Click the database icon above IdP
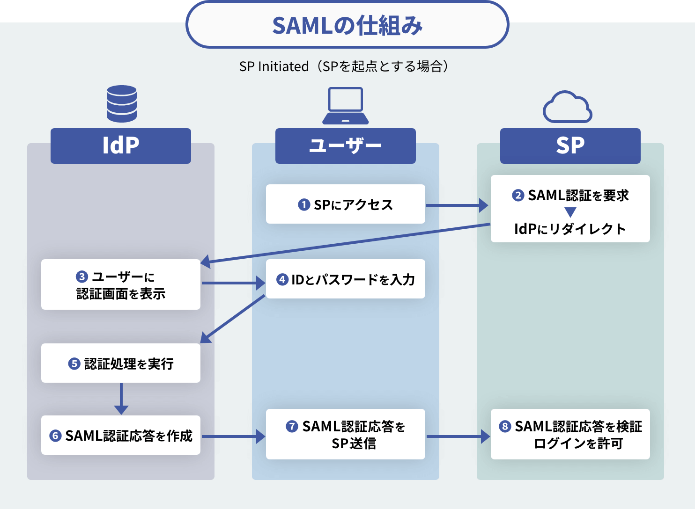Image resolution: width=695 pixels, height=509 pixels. click(x=122, y=103)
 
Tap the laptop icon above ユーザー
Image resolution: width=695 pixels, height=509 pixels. click(x=346, y=106)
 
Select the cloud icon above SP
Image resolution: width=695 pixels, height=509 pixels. click(x=568, y=108)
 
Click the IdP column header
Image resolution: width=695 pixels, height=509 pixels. click(x=121, y=145)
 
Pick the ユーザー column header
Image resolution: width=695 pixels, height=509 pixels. click(x=346, y=145)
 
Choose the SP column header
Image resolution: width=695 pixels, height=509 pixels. click(x=570, y=145)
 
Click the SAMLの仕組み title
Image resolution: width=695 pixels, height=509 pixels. click(x=347, y=25)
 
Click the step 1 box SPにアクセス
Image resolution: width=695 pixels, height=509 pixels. click(x=346, y=204)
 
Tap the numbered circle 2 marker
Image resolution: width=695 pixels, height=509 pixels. click(x=518, y=195)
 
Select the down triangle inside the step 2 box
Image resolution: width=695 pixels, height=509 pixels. click(x=570, y=212)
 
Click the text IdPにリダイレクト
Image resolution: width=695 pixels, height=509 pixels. click(x=570, y=229)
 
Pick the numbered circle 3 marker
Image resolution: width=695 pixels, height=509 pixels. click(x=82, y=276)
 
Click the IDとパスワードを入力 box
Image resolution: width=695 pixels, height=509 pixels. click(x=346, y=279)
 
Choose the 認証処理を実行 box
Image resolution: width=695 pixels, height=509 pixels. click(x=121, y=364)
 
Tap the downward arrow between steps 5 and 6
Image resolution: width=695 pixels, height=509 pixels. click(x=121, y=399)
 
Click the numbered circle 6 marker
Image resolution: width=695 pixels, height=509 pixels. click(x=56, y=436)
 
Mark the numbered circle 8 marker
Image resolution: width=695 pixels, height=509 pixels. click(x=505, y=426)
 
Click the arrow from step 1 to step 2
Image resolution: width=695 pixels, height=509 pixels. click(x=457, y=205)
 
